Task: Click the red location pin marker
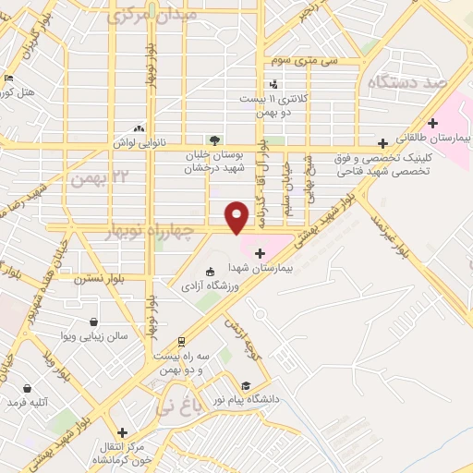tap(237, 216)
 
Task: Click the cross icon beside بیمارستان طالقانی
tap(432, 123)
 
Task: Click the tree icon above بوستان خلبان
tap(214, 140)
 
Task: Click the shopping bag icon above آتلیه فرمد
tap(28, 388)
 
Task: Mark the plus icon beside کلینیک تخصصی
tap(382, 145)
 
